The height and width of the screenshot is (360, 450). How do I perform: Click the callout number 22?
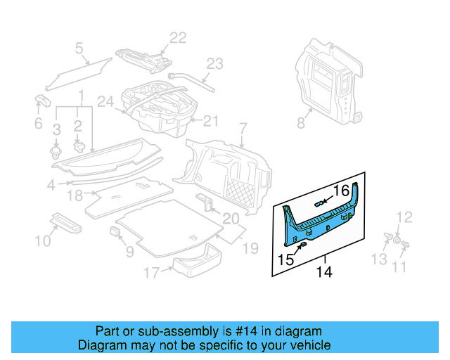(x=177, y=38)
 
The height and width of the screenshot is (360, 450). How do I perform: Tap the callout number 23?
(x=214, y=63)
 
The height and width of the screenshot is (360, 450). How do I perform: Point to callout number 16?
(x=340, y=190)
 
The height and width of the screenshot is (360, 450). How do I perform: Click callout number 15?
(x=285, y=259)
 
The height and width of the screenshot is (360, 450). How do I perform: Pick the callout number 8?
(x=301, y=124)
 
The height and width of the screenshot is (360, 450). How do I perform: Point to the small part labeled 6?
(x=41, y=101)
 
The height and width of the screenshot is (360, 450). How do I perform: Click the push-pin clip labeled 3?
(x=56, y=150)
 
